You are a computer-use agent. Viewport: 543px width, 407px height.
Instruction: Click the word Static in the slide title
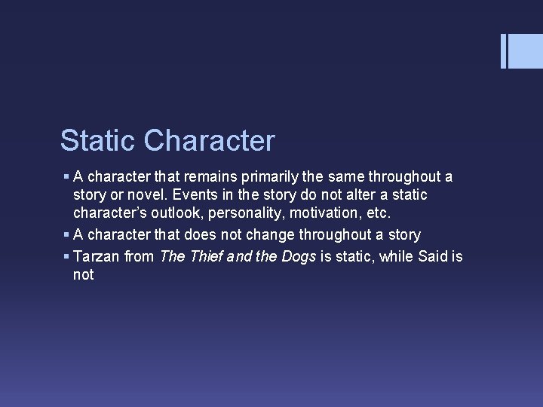pyautogui.click(x=98, y=141)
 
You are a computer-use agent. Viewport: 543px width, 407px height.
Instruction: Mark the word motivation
pyautogui.click(x=318, y=213)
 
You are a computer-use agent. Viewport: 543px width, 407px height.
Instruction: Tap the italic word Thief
pyautogui.click(x=207, y=257)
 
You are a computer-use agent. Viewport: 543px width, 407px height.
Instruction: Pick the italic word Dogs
pyautogui.click(x=299, y=257)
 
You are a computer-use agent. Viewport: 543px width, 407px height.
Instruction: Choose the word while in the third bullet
pyautogui.click(x=395, y=257)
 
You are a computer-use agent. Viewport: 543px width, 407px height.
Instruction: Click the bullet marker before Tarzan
pyautogui.click(x=67, y=257)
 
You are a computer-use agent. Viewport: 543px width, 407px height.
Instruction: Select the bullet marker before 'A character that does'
pyautogui.click(x=67, y=235)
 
